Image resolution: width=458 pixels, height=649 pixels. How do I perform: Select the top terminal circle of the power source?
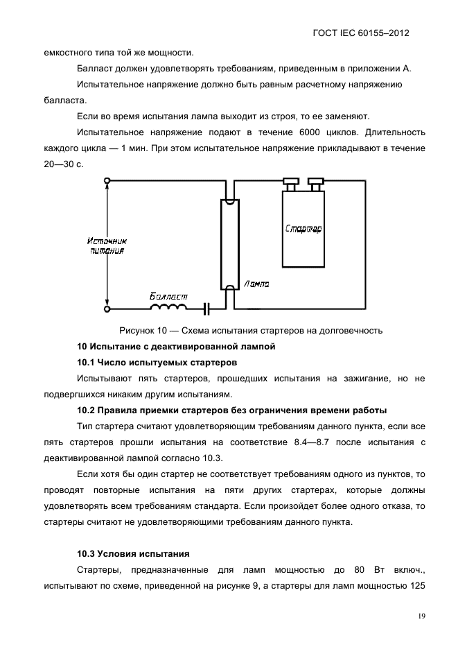tap(107, 182)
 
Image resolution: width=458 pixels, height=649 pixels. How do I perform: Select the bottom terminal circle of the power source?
tap(107, 309)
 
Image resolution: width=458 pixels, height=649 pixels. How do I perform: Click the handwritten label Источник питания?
tap(107, 245)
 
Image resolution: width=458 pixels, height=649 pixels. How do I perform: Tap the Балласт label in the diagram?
tap(168, 296)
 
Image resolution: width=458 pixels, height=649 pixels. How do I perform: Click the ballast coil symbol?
tap(169, 307)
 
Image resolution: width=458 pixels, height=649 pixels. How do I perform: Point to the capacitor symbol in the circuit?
tap(206, 308)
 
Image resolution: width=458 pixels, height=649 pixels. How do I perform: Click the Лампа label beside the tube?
tap(257, 284)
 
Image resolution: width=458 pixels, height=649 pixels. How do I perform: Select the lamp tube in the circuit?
tap(229, 243)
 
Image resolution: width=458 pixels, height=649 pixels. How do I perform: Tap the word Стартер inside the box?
tap(303, 228)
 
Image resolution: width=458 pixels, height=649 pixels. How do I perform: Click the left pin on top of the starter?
tap(290, 184)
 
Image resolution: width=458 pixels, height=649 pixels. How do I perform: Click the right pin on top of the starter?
tap(316, 184)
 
